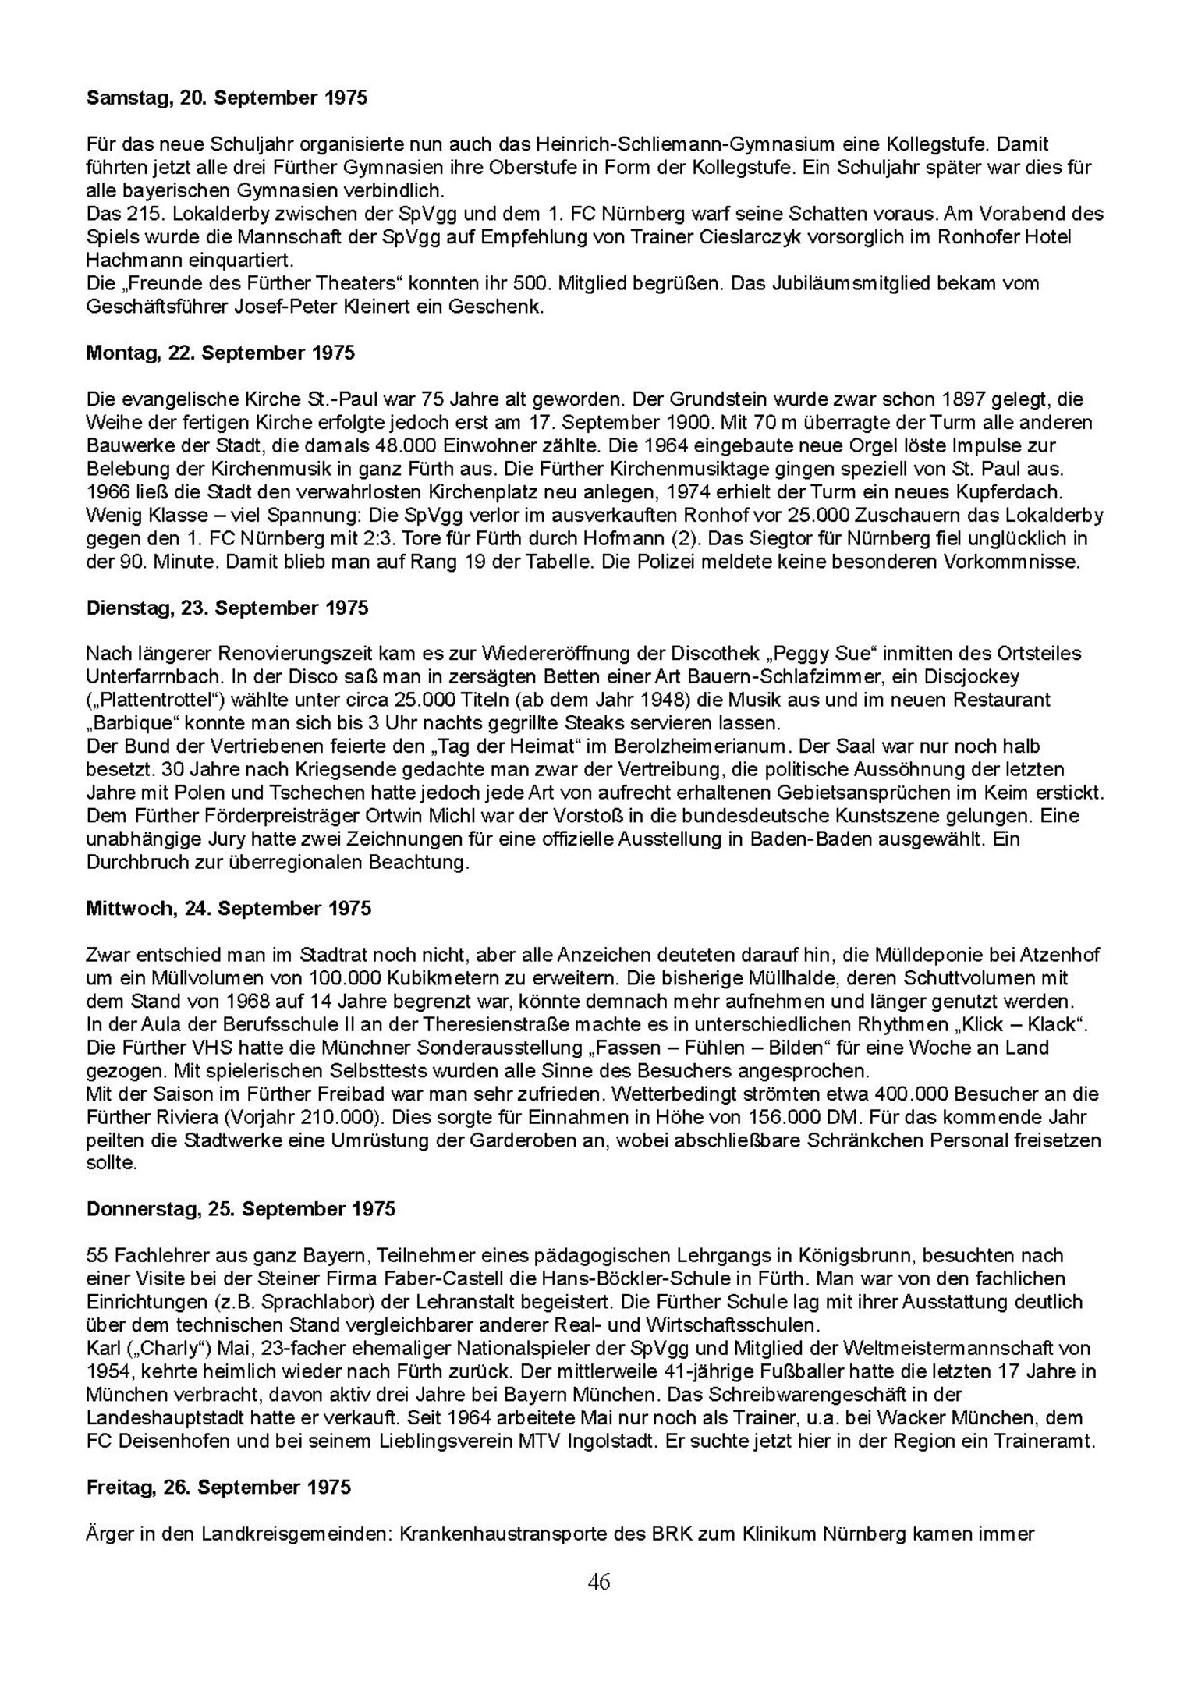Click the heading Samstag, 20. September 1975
pos(226,98)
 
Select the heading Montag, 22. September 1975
pos(220,353)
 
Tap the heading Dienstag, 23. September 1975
pos(227,608)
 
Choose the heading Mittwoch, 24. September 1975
pos(229,909)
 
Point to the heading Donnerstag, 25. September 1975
pos(241,1209)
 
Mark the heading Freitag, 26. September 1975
pos(218,1488)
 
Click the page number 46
pos(599,1582)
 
